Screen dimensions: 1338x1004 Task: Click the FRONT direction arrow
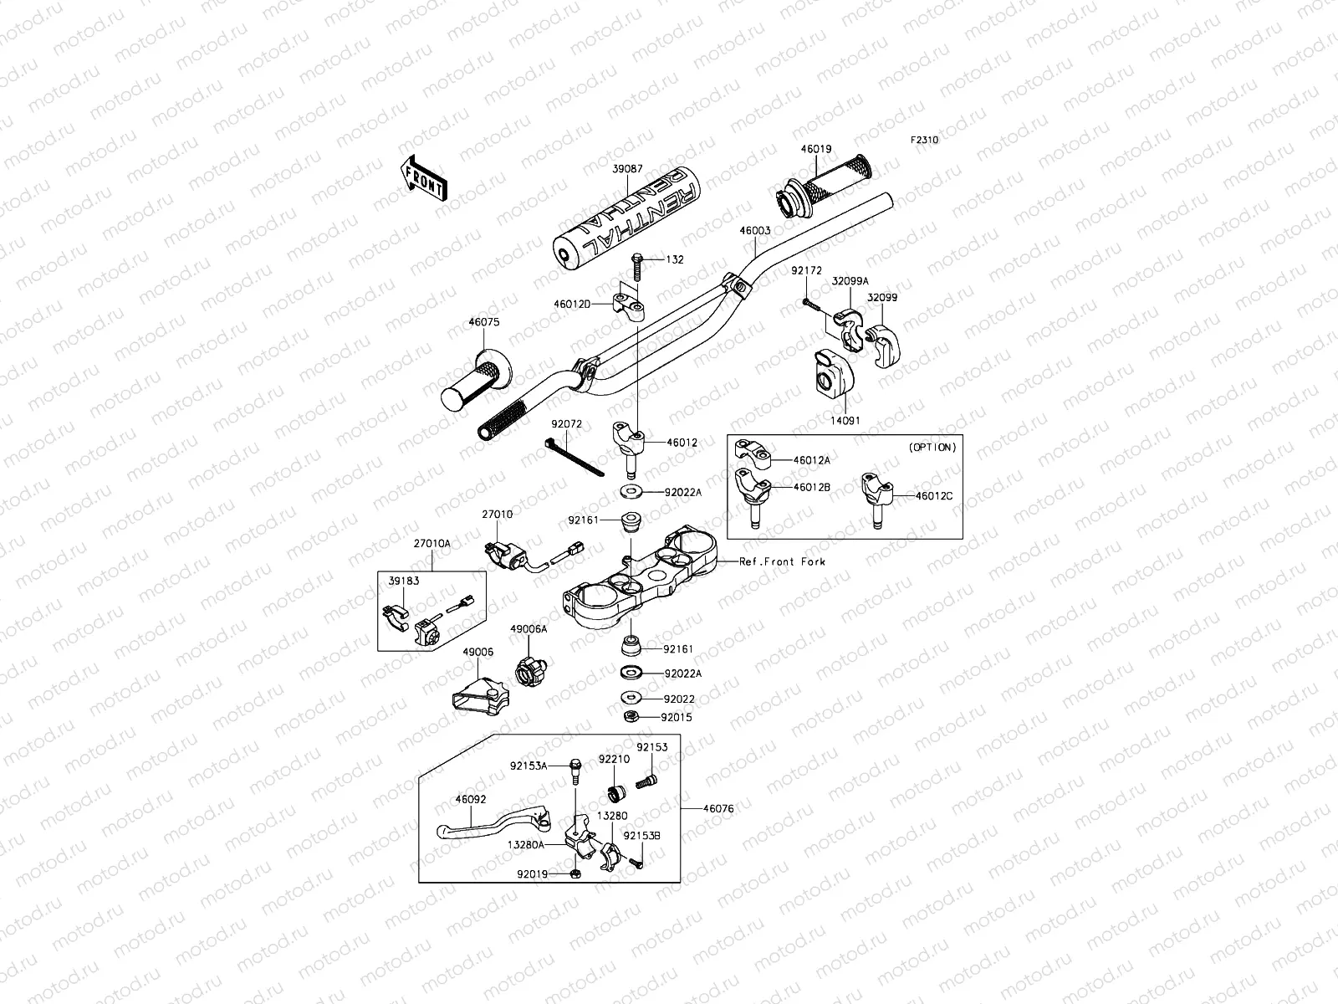[424, 178]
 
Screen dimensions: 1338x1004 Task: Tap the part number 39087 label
[627, 169]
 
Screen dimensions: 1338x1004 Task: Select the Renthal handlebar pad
[626, 217]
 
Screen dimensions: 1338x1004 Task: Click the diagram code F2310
[924, 140]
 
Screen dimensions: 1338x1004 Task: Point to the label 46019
[815, 149]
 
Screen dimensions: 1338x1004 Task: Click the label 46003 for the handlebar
[754, 230]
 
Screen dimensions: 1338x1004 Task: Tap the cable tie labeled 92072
[575, 457]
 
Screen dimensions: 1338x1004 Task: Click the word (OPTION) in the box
[932, 448]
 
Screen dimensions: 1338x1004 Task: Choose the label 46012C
[933, 495]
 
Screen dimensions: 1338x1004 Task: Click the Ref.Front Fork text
[782, 561]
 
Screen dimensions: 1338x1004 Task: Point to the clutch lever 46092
[493, 823]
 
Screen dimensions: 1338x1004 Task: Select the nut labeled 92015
[632, 716]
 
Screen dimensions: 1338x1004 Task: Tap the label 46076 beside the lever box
[718, 808]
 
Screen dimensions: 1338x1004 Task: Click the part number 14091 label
[845, 421]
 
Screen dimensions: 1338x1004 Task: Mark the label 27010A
[432, 543]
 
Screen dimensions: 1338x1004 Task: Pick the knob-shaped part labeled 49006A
[531, 671]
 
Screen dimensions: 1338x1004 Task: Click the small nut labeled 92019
[575, 874]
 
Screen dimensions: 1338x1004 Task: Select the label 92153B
[641, 836]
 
